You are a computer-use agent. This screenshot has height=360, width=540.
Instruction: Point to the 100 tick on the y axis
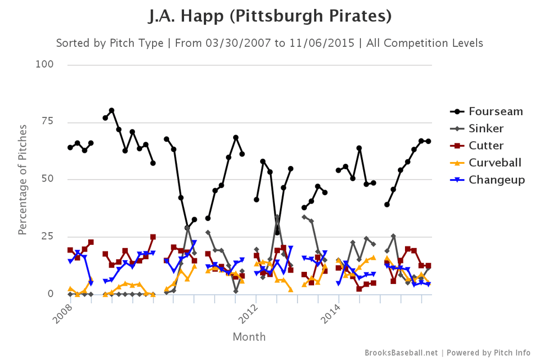(x=45, y=65)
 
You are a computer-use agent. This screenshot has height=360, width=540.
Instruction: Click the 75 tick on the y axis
(x=48, y=122)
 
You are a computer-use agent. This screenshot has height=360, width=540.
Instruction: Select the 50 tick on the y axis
(x=48, y=179)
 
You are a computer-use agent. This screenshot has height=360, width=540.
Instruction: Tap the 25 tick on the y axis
(x=48, y=237)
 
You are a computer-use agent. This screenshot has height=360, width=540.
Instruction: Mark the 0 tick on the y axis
(x=51, y=294)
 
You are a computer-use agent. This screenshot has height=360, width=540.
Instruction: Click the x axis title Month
(x=249, y=336)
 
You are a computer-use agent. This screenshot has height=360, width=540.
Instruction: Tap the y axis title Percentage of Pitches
(x=23, y=179)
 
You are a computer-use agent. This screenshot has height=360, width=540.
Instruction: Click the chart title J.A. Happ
(x=270, y=17)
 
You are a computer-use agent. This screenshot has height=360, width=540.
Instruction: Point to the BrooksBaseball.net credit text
(x=401, y=352)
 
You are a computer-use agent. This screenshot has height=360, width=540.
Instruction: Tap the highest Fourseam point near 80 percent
(x=111, y=110)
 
